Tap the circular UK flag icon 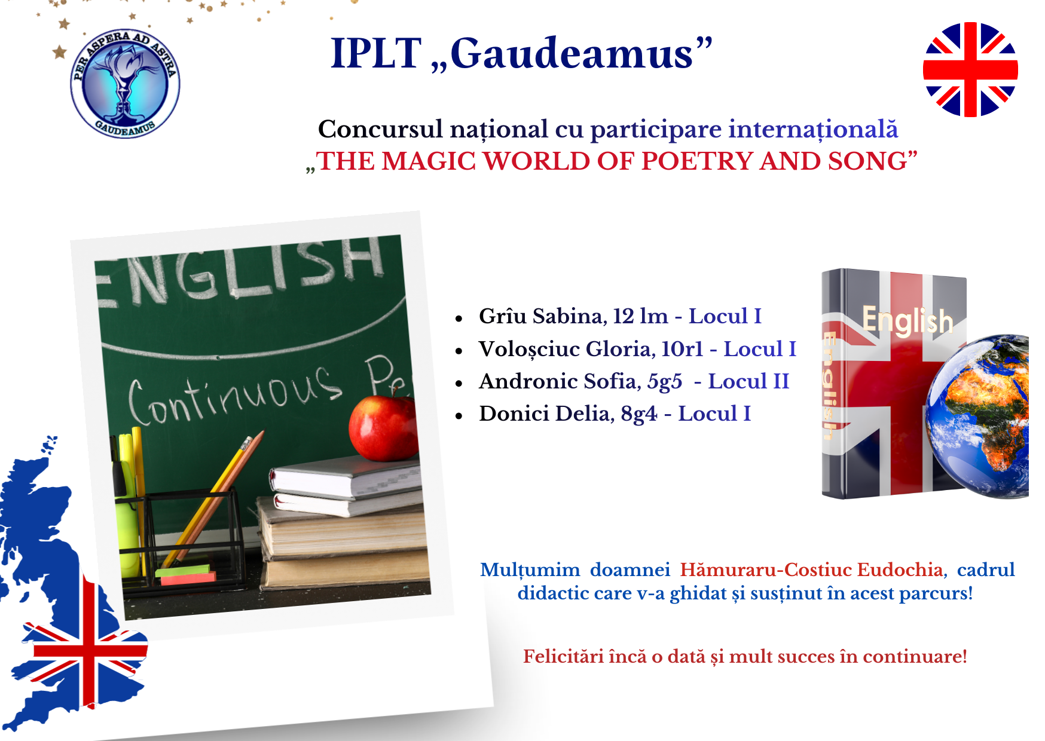pos(970,69)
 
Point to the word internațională pos(813,129)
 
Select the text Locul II pos(748,381)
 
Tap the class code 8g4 pos(638,414)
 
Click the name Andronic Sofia pos(558,381)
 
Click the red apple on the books pos(383,427)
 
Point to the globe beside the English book pos(977,416)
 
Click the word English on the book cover pos(907,320)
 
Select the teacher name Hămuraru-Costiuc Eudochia pos(811,569)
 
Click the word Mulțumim pos(530,570)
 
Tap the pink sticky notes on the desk pos(188,577)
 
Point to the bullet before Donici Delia pos(459,415)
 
